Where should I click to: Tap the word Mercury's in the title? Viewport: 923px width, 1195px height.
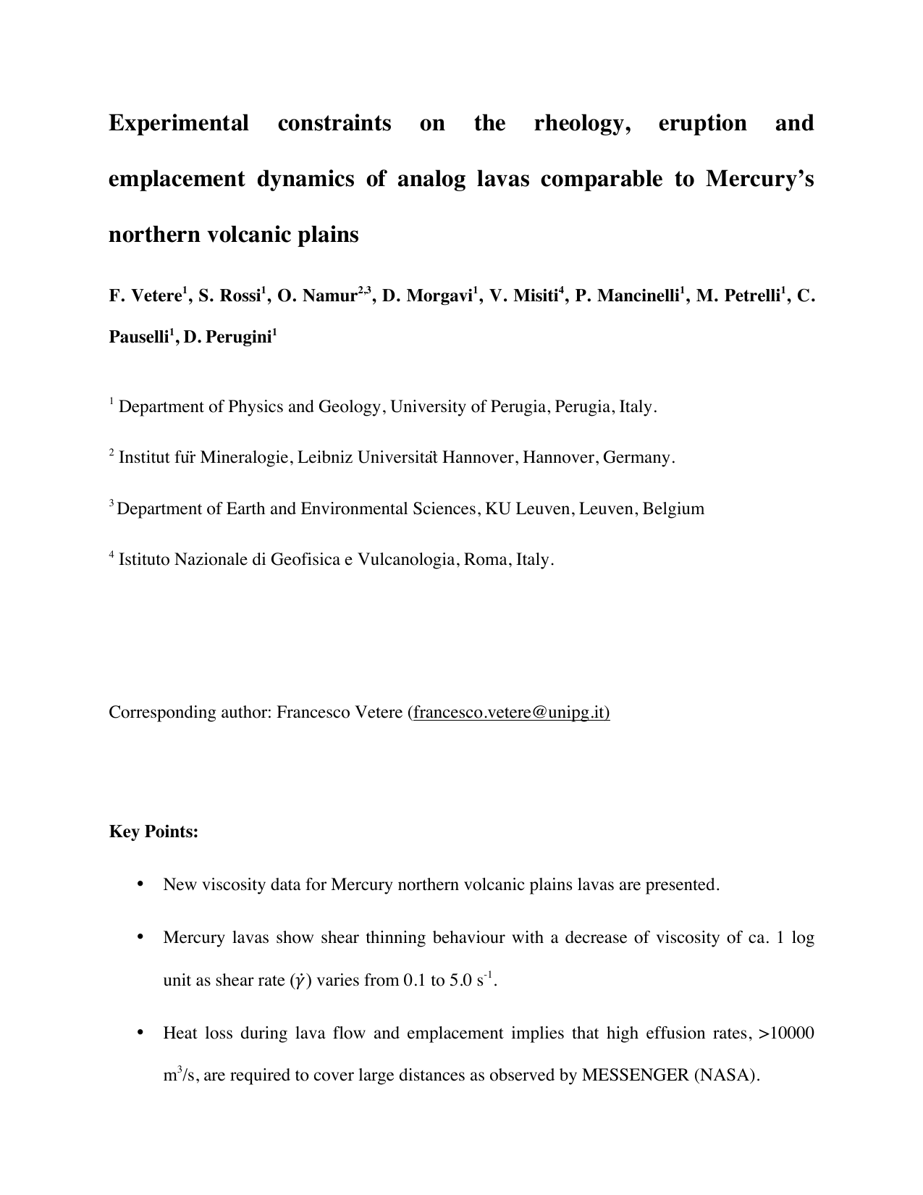(x=759, y=179)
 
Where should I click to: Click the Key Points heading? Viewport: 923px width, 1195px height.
(x=153, y=831)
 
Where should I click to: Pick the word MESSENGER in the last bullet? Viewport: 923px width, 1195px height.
(x=635, y=1075)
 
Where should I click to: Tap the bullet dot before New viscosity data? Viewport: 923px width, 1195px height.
(x=140, y=885)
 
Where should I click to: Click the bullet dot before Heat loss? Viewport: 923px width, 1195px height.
(x=140, y=1033)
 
